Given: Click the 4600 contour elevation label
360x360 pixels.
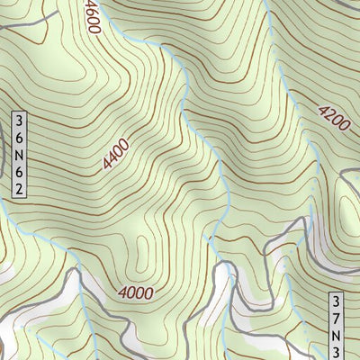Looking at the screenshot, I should pyautogui.click(x=90, y=17).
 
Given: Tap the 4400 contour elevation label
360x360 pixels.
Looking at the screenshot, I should pyautogui.click(x=115, y=154).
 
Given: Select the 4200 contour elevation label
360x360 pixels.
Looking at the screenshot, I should pyautogui.click(x=332, y=119).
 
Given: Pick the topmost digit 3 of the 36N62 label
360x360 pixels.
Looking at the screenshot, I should pyautogui.click(x=17, y=120).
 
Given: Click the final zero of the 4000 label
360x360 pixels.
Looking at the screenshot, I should pyautogui.click(x=148, y=292).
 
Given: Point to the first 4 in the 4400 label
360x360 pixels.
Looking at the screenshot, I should pyautogui.click(x=108, y=165).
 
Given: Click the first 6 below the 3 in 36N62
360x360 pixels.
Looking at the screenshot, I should pyautogui.click(x=17, y=137).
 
